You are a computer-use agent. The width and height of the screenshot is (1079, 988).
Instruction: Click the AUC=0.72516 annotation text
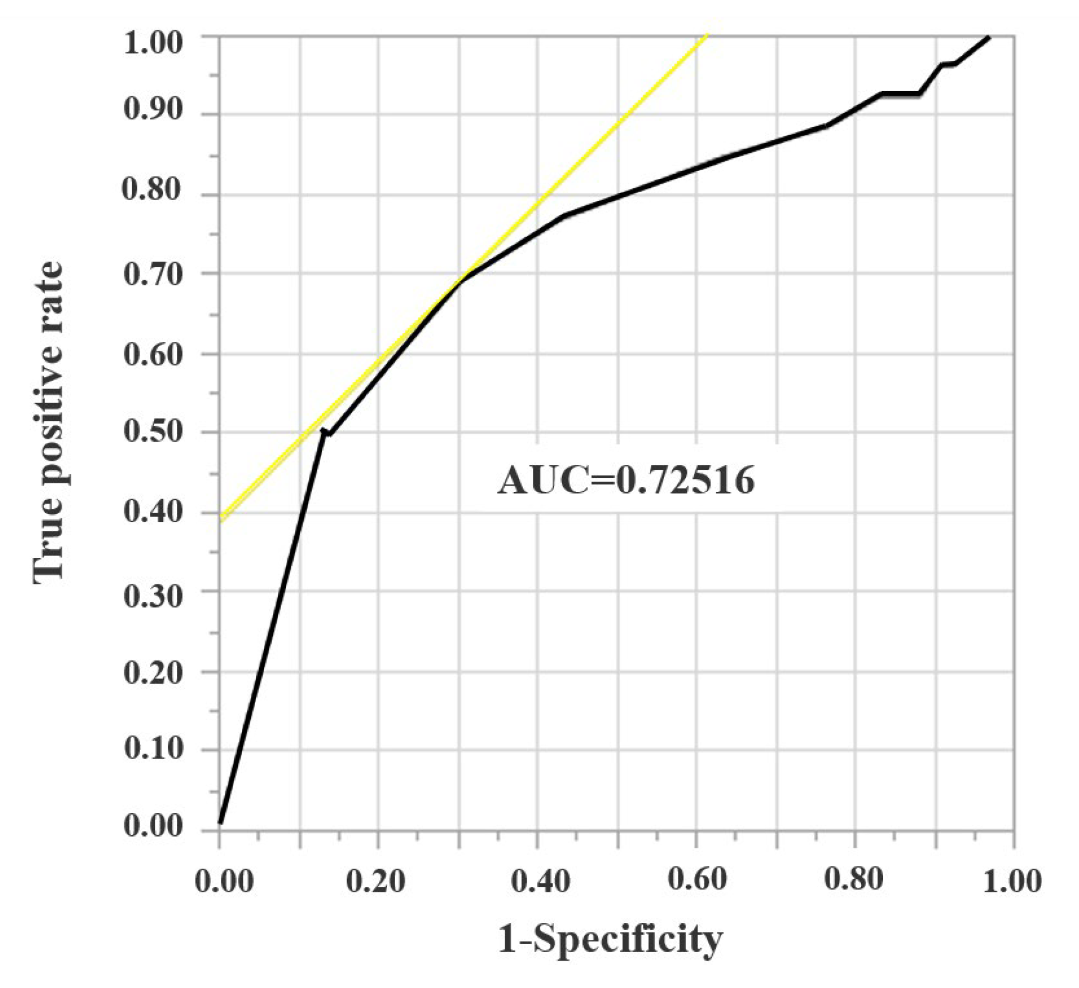[626, 480]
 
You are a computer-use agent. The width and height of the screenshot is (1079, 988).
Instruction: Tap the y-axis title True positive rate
[48, 423]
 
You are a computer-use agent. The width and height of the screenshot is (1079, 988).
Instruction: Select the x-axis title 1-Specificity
[610, 940]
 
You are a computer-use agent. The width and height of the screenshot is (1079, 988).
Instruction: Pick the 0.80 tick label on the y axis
[152, 190]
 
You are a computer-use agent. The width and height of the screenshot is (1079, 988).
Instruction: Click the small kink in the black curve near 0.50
[325, 432]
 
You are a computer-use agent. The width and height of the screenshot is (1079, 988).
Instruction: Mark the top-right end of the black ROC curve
[988, 38]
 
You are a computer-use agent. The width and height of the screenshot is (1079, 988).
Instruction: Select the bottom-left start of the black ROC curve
[221, 822]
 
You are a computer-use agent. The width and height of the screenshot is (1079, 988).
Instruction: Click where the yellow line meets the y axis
[221, 518]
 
